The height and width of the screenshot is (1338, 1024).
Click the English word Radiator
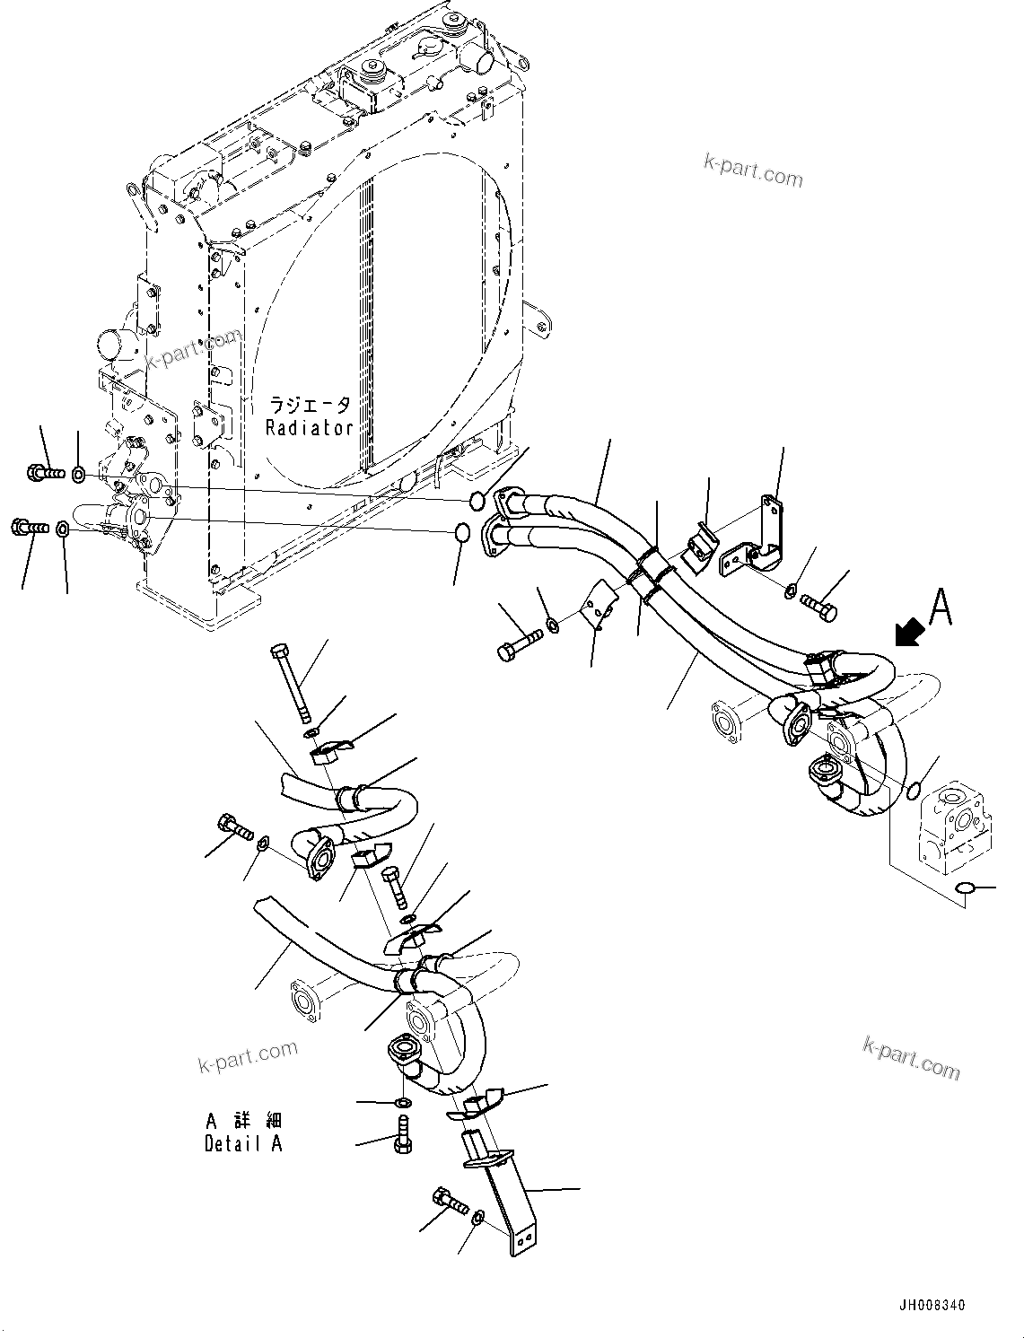[309, 429]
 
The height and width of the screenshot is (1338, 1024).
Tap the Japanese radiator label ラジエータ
[309, 406]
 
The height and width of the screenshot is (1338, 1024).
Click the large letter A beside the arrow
[940, 608]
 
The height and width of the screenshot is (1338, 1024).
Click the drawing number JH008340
[930, 1305]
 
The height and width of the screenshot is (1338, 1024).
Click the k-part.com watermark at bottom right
[910, 1058]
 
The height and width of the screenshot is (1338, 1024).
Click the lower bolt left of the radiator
[31, 529]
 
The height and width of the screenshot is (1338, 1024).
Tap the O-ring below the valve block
[965, 888]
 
